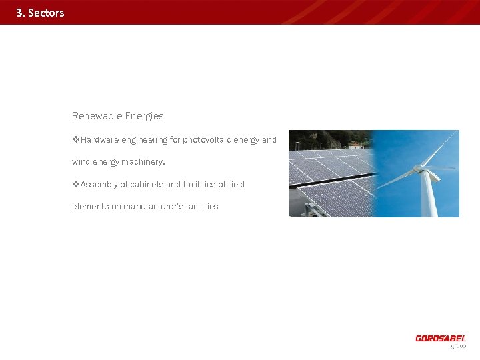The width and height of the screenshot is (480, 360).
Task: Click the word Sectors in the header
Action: pos(46,13)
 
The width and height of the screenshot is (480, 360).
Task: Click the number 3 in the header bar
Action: pos(19,13)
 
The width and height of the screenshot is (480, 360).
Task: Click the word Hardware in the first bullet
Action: pos(99,140)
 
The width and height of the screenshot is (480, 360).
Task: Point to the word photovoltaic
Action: pos(210,140)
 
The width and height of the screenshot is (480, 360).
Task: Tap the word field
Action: pos(236,185)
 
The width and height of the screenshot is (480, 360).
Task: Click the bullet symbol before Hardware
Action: pos(75,140)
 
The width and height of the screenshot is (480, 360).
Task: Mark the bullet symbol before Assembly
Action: pos(75,185)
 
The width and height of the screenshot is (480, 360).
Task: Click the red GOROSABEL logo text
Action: pos(441,339)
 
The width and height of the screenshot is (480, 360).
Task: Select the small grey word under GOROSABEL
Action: pos(458,346)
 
